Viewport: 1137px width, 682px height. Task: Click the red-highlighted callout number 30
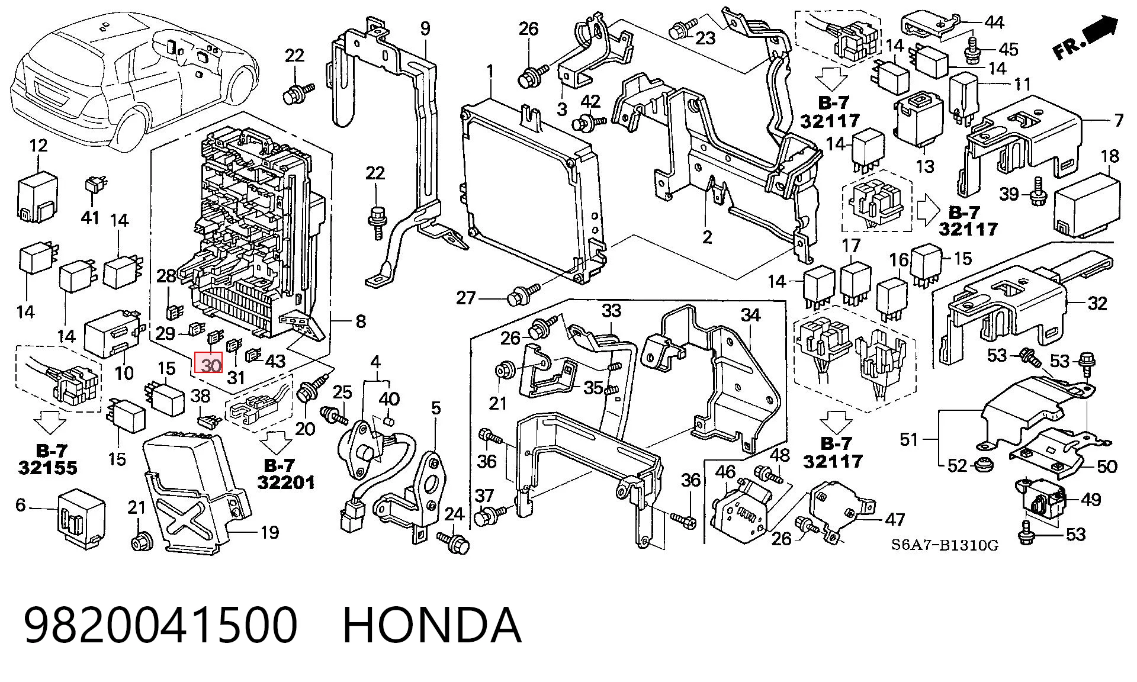pyautogui.click(x=208, y=365)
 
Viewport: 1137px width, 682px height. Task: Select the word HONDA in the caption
pyautogui.click(x=432, y=625)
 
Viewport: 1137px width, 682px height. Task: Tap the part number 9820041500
pyautogui.click(x=160, y=625)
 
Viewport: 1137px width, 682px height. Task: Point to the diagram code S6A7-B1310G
pyautogui.click(x=945, y=545)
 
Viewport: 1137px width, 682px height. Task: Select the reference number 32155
pyautogui.click(x=47, y=468)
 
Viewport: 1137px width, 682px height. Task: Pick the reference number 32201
pyautogui.click(x=286, y=482)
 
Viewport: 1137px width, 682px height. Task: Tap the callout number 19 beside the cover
pyautogui.click(x=269, y=532)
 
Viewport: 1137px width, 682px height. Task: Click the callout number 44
pyautogui.click(x=994, y=22)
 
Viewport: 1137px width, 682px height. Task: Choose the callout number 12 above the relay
pyautogui.click(x=38, y=145)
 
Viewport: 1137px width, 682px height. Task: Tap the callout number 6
pyautogui.click(x=21, y=505)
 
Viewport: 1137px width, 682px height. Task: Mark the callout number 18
pyautogui.click(x=1110, y=156)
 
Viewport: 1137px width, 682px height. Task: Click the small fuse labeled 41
pyautogui.click(x=93, y=185)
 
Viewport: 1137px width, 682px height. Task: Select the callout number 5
pyautogui.click(x=436, y=408)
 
